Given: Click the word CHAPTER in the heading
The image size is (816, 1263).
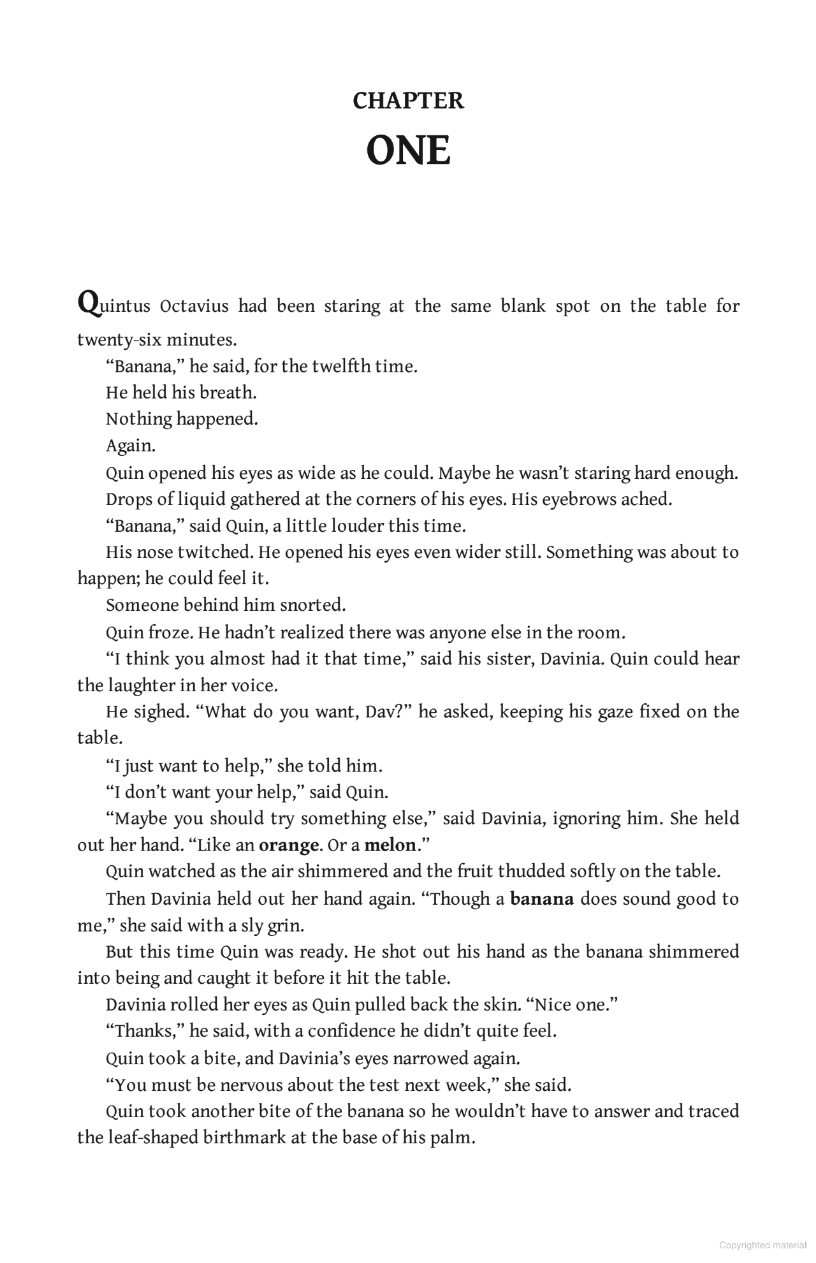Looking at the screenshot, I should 408,101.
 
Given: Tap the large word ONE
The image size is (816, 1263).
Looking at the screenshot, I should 408,151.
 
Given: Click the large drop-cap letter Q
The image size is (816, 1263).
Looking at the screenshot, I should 88,302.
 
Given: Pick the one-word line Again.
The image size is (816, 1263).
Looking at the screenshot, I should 130,446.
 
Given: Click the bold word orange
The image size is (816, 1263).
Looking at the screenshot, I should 288,845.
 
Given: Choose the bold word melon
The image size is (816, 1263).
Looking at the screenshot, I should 390,845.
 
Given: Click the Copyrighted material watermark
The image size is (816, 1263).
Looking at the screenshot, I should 762,1245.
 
